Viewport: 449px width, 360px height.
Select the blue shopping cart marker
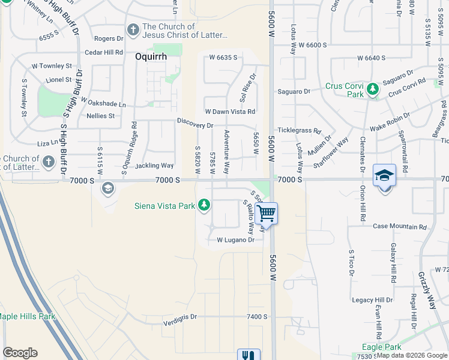coord(266,212)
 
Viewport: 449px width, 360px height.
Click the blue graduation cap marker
coord(384,175)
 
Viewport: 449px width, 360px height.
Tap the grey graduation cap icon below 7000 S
coord(107,188)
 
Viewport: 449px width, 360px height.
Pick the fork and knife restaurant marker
coord(249,355)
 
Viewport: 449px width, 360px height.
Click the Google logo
coord(20,353)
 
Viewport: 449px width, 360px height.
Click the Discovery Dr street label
coord(195,122)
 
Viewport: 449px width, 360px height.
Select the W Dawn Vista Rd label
coord(230,112)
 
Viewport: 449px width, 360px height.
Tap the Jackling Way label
coord(154,166)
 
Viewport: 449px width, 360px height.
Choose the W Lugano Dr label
coord(235,240)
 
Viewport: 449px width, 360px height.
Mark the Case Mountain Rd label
coord(399,227)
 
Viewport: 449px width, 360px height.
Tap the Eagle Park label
coord(382,347)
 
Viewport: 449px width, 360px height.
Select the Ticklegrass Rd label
coord(300,130)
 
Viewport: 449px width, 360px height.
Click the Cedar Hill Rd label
coord(103,53)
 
